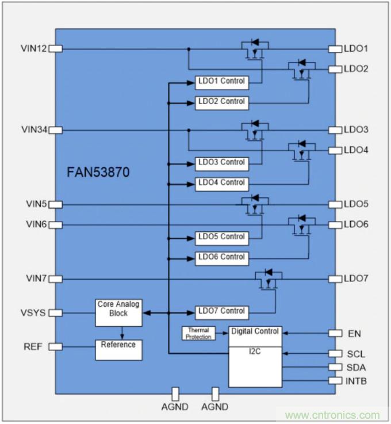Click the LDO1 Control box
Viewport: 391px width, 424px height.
click(221, 82)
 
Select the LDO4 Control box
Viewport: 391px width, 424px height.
click(221, 183)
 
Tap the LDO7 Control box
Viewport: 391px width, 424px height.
click(221, 311)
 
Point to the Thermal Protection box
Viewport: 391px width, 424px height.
click(198, 333)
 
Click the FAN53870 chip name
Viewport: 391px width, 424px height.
click(98, 172)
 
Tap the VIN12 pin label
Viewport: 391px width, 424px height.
click(32, 48)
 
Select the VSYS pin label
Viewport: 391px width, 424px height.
click(33, 312)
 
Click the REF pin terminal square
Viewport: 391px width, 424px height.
click(55, 346)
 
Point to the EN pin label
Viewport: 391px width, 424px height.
click(354, 333)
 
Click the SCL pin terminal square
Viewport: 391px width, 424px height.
click(335, 353)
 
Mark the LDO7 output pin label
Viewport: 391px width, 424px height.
click(356, 278)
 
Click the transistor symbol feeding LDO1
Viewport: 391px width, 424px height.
click(254, 49)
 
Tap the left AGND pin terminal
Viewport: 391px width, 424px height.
click(175, 394)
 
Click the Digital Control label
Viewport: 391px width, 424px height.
click(255, 331)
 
